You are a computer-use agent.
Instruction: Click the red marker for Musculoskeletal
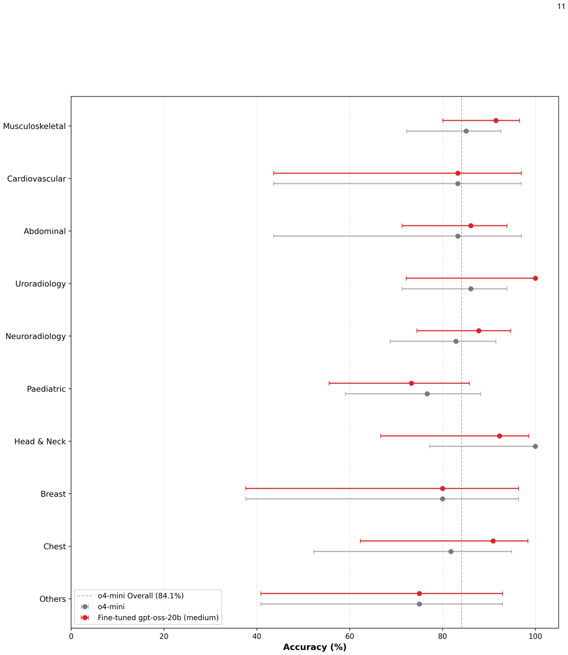pos(496,121)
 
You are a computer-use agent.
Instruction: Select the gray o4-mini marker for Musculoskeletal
pos(466,131)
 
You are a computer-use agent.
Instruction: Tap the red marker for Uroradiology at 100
pos(535,278)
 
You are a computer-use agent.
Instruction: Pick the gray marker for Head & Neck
pos(535,447)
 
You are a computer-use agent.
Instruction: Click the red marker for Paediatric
pos(411,384)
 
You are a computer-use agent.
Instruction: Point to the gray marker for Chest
pos(451,552)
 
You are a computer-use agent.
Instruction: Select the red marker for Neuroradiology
pos(479,331)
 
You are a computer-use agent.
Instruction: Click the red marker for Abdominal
pos(471,225)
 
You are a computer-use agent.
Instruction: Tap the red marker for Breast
pos(442,488)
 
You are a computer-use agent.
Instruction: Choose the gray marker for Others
pos(419,604)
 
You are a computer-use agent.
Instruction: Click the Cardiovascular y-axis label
pos(37,179)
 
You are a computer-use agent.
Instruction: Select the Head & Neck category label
pos(40,441)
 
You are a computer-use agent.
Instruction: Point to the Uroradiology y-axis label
pos(40,284)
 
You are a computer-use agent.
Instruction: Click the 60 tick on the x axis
pos(350,637)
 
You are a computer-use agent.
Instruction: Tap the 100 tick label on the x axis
pos(535,637)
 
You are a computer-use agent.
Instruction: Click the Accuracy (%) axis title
pos(315,647)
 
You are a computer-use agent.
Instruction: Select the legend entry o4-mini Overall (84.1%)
pos(140,596)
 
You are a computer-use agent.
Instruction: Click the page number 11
pos(561,6)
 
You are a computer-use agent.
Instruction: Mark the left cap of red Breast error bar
pos(246,488)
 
